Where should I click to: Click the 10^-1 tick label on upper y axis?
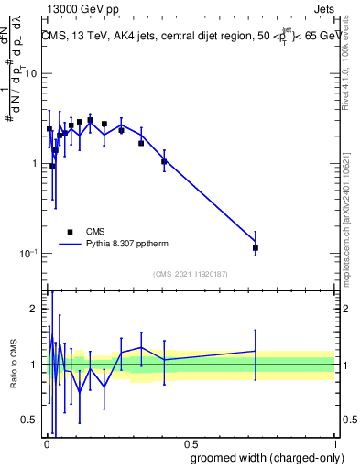pyautogui.click(x=28, y=253)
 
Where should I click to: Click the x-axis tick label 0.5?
pyautogui.click(x=190, y=443)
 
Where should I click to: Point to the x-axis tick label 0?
pyautogui.click(x=46, y=443)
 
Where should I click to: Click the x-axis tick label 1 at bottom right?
pyautogui.click(x=334, y=443)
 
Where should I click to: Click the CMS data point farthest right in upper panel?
pyautogui.click(x=256, y=248)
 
